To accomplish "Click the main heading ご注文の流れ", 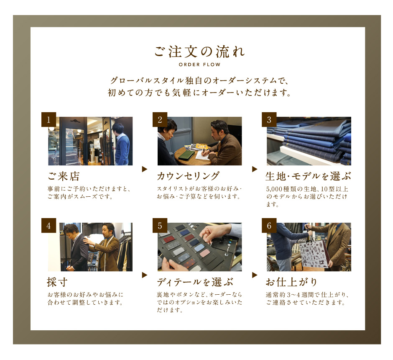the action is click(x=199, y=51).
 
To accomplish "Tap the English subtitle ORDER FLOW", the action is click(x=199, y=64).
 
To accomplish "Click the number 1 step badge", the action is click(x=48, y=119).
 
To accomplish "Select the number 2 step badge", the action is click(x=160, y=119).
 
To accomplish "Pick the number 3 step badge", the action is click(x=269, y=119).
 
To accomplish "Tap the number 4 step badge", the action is click(x=48, y=226).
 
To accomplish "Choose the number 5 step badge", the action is click(x=160, y=226).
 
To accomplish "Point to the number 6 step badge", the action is click(x=269, y=226).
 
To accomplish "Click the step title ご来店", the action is click(x=64, y=176).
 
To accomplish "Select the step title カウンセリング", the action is click(x=188, y=176).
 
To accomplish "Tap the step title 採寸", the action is click(x=57, y=282).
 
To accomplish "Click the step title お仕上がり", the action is click(x=291, y=282).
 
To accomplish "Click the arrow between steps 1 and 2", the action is click(x=144, y=169).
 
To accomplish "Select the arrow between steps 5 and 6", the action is click(x=255, y=275).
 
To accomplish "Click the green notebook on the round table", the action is click(x=186, y=155).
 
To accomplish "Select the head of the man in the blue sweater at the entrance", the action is click(x=118, y=129).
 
